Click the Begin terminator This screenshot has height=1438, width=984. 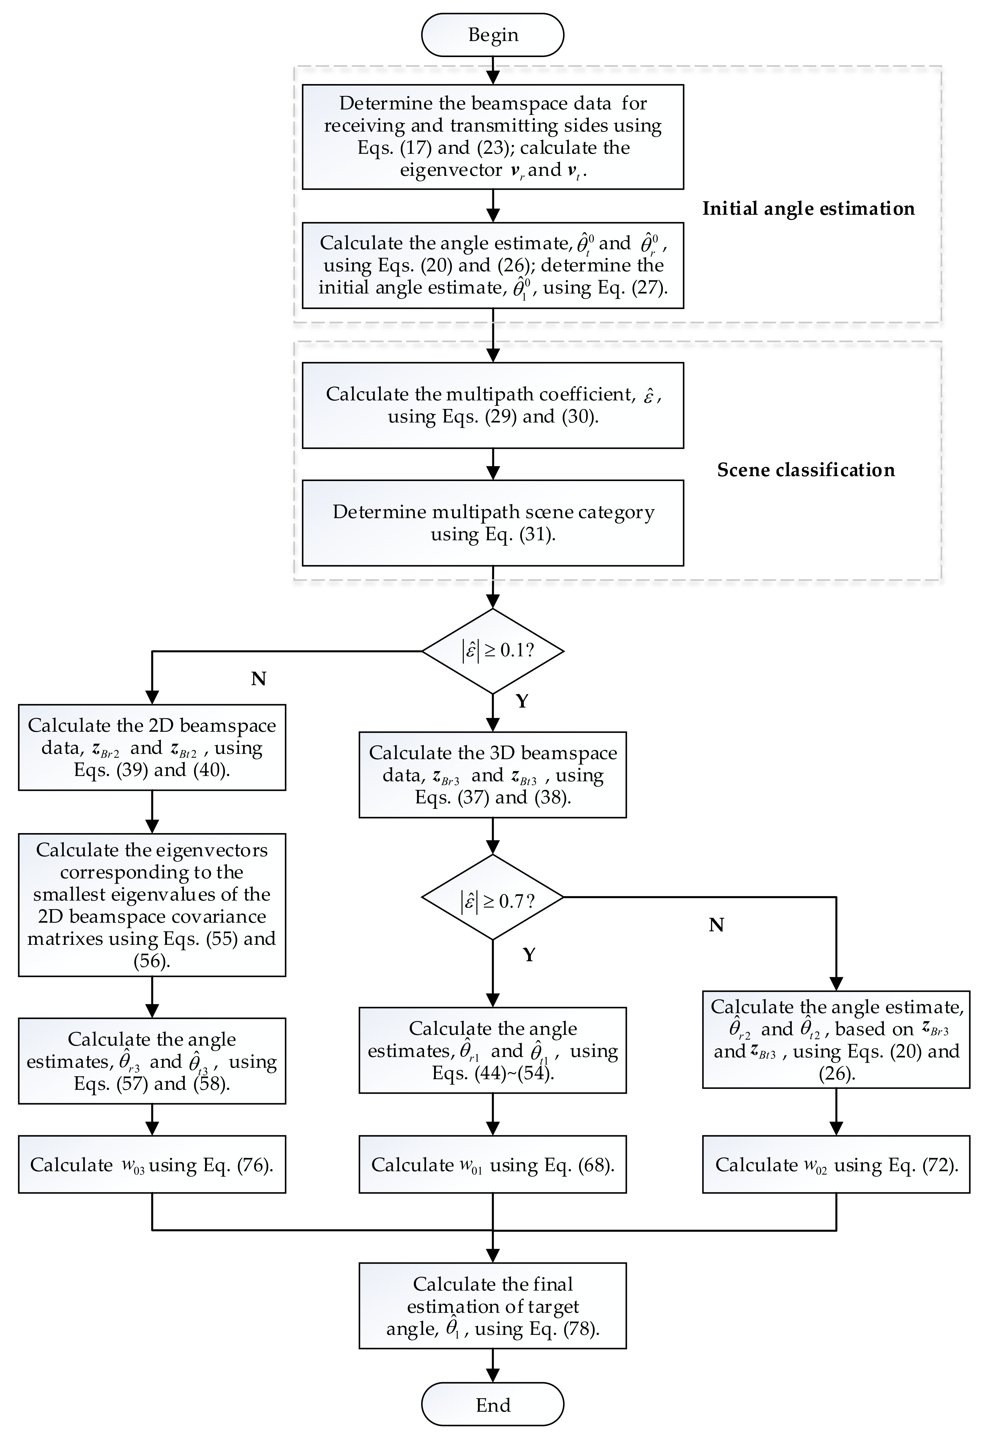coord(493,35)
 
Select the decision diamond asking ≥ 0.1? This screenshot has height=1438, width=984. coord(493,651)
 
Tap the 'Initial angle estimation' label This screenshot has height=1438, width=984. coord(808,209)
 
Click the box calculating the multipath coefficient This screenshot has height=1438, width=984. coord(493,405)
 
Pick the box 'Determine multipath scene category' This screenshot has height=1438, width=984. coord(493,523)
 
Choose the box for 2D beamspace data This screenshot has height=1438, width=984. coord(152,748)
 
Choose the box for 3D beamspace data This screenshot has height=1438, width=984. coord(493,775)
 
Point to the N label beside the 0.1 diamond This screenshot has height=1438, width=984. coord(259,679)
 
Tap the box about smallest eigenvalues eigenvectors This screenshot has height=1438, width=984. coord(152,905)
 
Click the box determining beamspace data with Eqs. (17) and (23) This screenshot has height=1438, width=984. coord(493,137)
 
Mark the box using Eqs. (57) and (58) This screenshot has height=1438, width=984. coord(152,1061)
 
